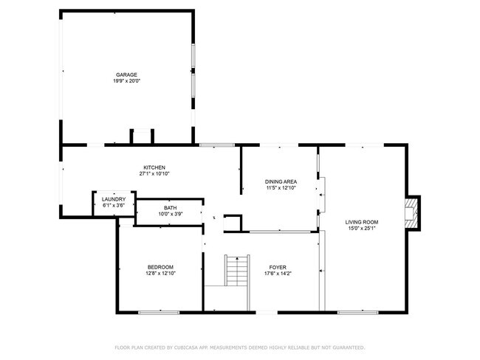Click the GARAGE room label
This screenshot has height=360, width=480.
pyautogui.click(x=127, y=75)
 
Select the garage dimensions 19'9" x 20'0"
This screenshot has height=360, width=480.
pyautogui.click(x=127, y=80)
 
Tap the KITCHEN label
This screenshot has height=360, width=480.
pyautogui.click(x=154, y=167)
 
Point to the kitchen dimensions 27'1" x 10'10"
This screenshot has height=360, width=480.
pyautogui.click(x=154, y=174)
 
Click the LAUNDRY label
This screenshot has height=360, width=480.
pyautogui.click(x=113, y=199)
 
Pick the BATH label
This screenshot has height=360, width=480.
pyautogui.click(x=170, y=208)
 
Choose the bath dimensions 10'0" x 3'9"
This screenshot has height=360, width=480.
pyautogui.click(x=170, y=214)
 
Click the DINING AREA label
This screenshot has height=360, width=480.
pyautogui.click(x=281, y=181)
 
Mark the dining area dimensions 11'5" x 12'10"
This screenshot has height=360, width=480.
pyautogui.click(x=281, y=188)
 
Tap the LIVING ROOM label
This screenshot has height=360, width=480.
pyautogui.click(x=362, y=221)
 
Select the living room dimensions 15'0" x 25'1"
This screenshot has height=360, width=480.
pyautogui.click(x=362, y=228)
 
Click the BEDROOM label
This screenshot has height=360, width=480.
pyautogui.click(x=160, y=267)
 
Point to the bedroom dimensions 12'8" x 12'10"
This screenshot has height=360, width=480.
pyautogui.click(x=160, y=273)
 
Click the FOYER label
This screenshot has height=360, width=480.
pyautogui.click(x=278, y=267)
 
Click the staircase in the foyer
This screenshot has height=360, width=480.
pyautogui.click(x=235, y=271)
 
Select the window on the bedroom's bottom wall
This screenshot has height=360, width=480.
pyautogui.click(x=159, y=312)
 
